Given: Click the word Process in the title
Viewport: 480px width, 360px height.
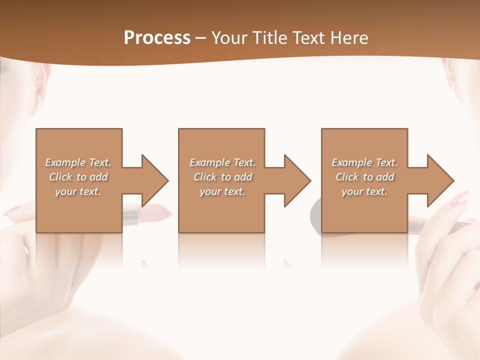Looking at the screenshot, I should (x=157, y=38).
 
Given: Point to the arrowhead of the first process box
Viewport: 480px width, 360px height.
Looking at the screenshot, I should (x=154, y=180).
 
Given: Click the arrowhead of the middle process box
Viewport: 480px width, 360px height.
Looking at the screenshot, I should (x=297, y=180).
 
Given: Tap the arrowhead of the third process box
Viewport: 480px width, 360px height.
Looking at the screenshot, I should (x=440, y=180).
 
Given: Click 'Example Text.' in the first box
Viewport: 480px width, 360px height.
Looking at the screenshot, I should (x=78, y=162).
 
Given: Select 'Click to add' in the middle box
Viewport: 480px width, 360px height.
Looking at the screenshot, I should (x=222, y=177).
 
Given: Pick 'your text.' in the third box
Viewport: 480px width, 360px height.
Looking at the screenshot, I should (x=364, y=191).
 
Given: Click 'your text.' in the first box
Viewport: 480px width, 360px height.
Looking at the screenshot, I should (x=78, y=191).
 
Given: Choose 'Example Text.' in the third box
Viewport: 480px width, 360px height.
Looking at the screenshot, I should (x=364, y=162).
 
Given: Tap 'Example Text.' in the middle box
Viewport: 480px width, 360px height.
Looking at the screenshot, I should (x=222, y=162).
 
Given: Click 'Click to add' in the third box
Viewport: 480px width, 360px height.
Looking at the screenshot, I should (x=364, y=177).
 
